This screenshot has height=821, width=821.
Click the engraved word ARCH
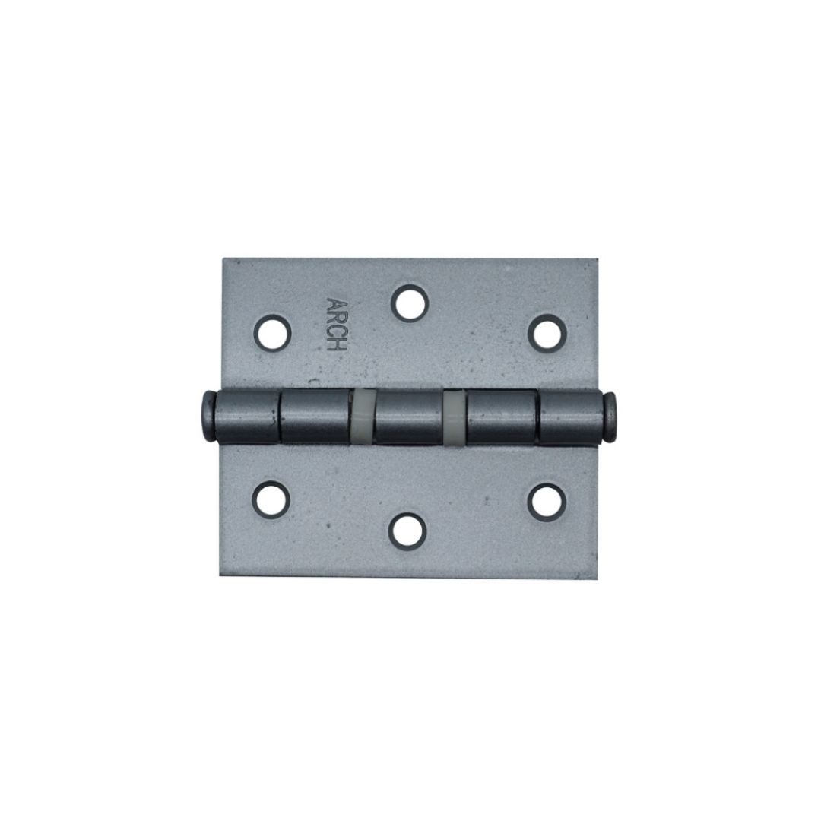click(x=337, y=325)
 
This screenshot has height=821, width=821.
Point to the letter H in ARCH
click(x=337, y=345)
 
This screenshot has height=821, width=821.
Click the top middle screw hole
click(x=410, y=303)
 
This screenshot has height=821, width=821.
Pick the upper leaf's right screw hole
click(x=547, y=333)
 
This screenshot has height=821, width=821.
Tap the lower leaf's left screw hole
click(x=271, y=497)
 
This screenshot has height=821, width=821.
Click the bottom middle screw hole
click(x=407, y=531)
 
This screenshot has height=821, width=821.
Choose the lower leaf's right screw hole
click(x=546, y=502)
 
